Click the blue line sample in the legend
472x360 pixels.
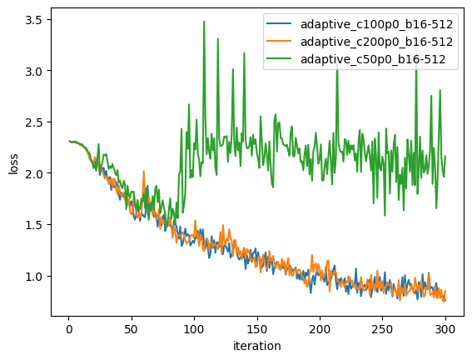pos(280,25)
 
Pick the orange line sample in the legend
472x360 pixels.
pos(280,42)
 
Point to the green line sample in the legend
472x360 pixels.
pos(280,60)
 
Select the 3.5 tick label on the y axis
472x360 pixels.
pos(36,19)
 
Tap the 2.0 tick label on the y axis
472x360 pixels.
pos(36,173)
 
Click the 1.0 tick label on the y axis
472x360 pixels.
pos(36,277)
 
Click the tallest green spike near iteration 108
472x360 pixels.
pos(204,22)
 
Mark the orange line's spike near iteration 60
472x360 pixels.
pos(144,172)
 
